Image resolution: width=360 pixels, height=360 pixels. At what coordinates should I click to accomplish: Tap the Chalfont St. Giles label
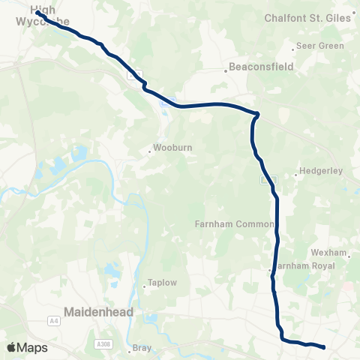[308, 17]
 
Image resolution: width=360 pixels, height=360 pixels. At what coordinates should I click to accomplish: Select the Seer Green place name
[320, 46]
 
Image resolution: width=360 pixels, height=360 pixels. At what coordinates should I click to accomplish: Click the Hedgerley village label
[320, 171]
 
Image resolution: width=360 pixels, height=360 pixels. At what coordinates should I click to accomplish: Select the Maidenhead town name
[100, 310]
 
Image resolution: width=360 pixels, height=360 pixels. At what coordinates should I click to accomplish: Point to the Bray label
[142, 348]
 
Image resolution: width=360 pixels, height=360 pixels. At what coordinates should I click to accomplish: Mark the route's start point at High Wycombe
[37, 13]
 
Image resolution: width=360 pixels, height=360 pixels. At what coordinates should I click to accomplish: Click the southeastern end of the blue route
[323, 347]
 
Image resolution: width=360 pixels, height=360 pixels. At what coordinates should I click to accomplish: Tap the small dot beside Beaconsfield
[226, 72]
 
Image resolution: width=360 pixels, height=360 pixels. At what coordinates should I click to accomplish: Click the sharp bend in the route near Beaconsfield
[257, 115]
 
